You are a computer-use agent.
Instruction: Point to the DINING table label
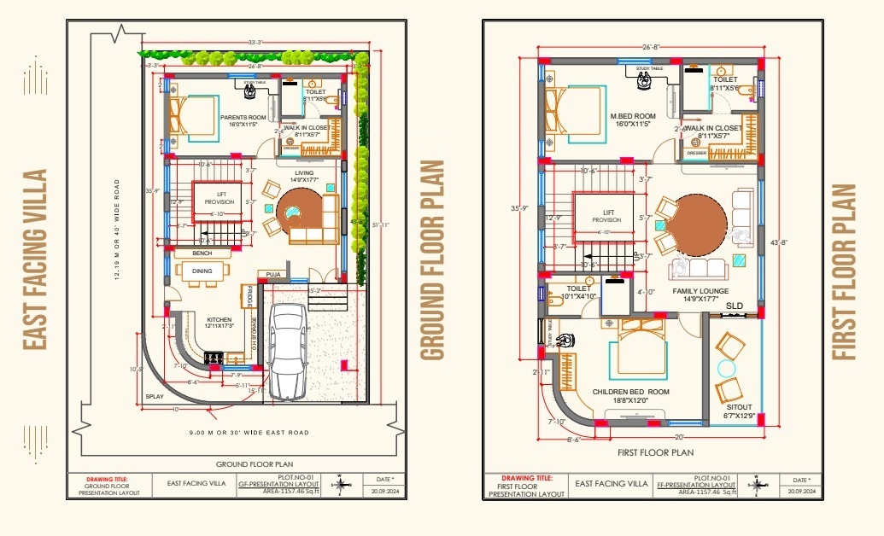click(202, 271)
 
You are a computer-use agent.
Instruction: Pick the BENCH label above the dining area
click(202, 253)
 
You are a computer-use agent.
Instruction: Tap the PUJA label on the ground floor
click(273, 274)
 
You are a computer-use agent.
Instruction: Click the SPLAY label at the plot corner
click(155, 396)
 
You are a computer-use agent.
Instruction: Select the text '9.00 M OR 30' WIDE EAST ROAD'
click(249, 433)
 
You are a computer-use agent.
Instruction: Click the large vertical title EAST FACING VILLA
click(35, 259)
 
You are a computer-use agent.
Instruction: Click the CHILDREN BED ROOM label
click(632, 392)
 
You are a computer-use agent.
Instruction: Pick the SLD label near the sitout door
click(735, 305)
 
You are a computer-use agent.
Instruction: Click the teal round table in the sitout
click(727, 369)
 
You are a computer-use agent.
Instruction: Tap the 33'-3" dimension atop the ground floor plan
click(255, 42)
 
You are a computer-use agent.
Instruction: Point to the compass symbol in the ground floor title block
click(341, 486)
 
